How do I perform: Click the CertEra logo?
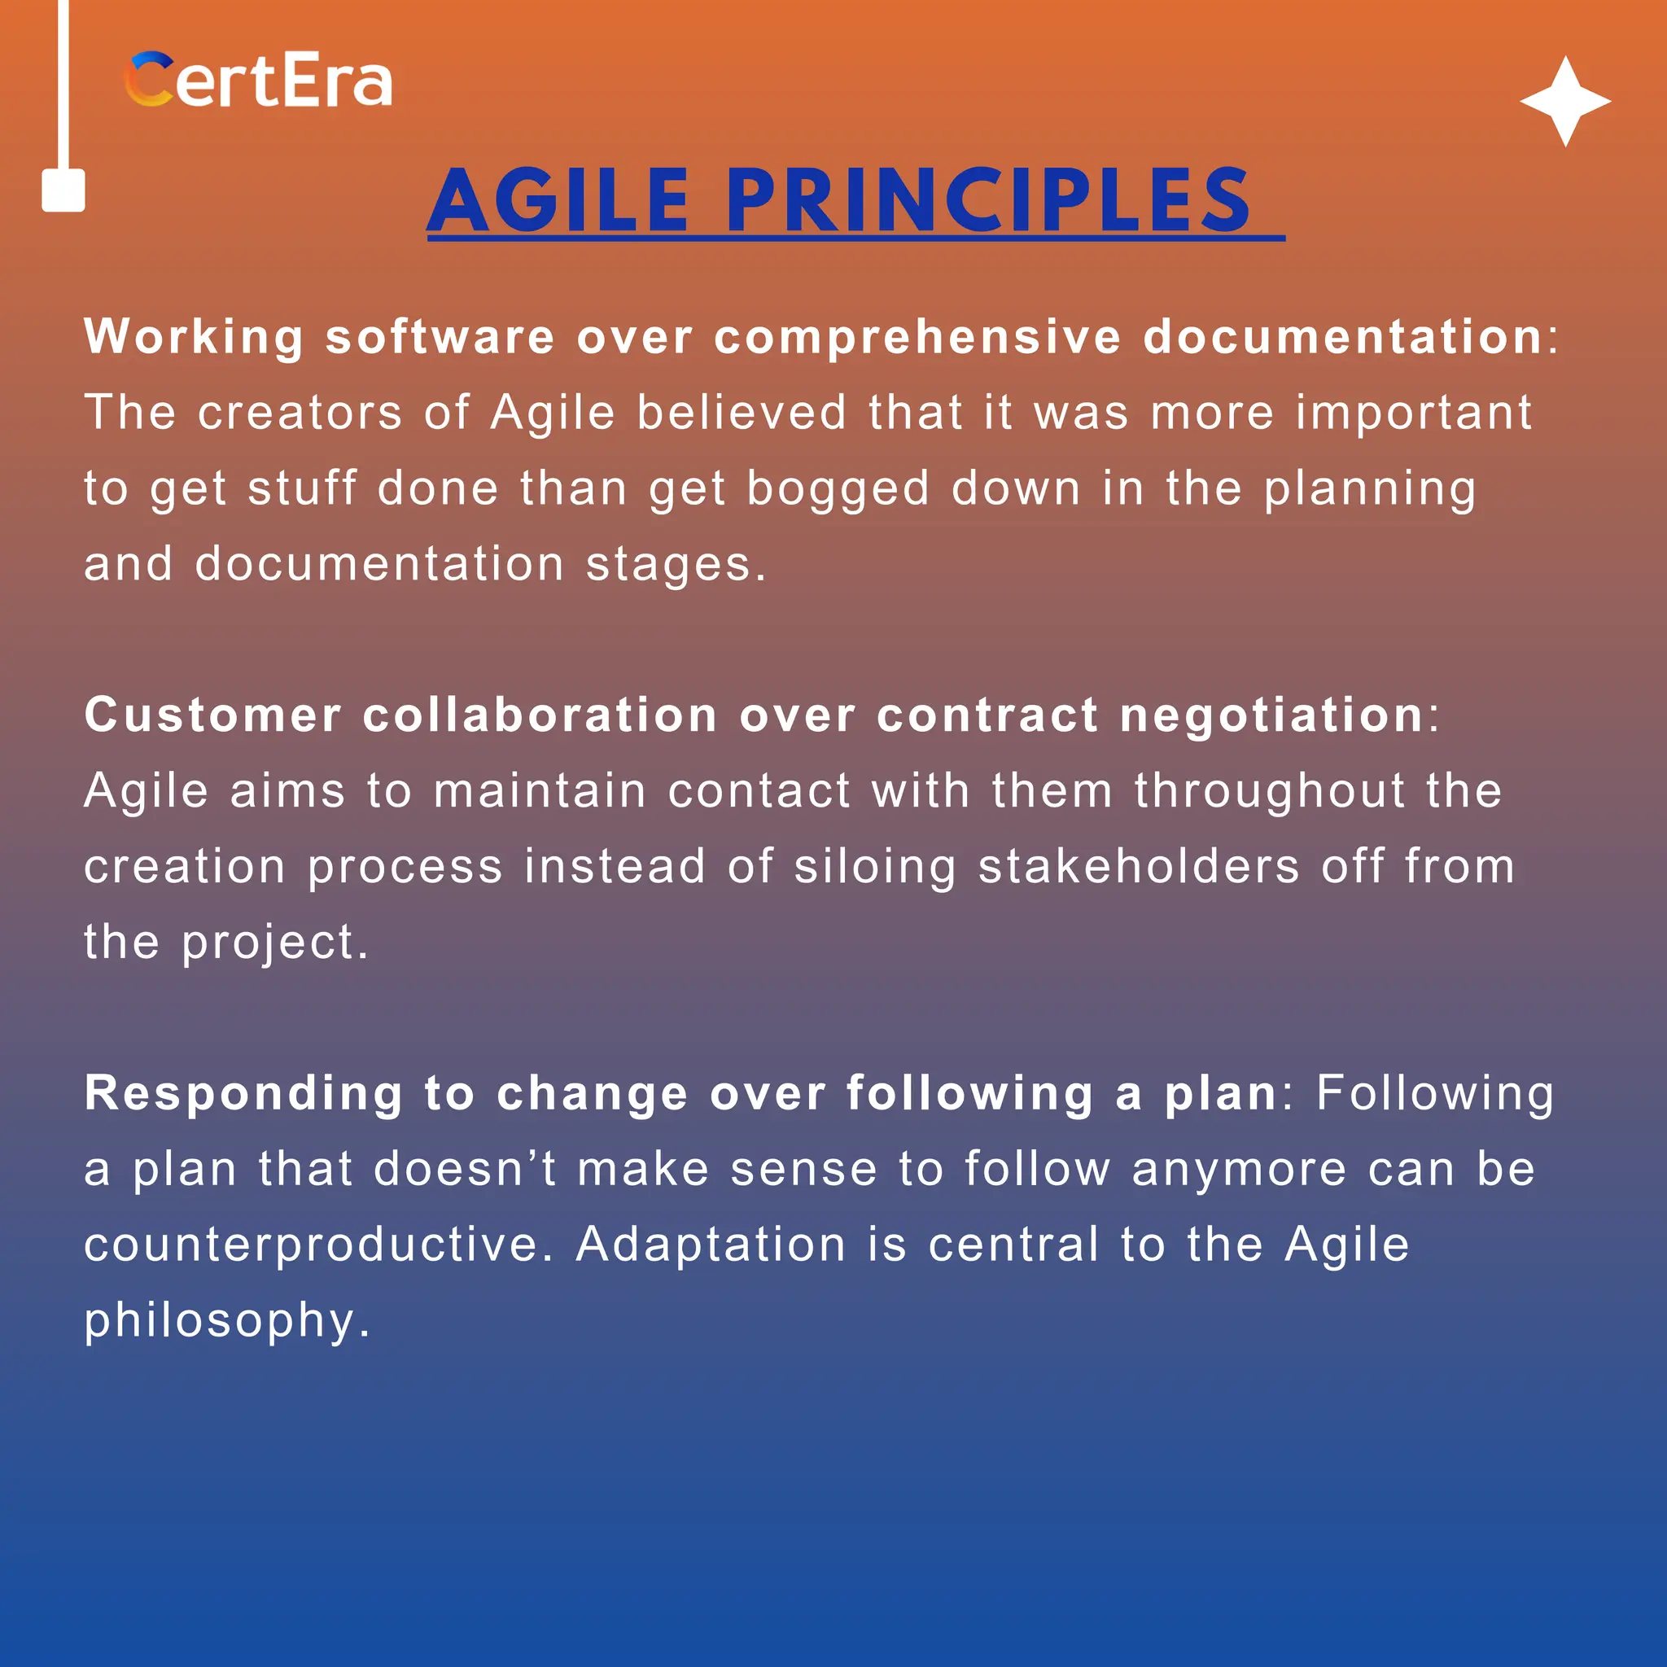259,81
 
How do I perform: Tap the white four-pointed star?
1565,102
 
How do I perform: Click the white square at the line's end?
63,190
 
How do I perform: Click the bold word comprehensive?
917,336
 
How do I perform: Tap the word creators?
300,413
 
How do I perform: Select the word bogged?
838,488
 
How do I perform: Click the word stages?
676,564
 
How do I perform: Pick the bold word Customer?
212,715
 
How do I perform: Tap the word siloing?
875,866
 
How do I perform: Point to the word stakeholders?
1139,866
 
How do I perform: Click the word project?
274,943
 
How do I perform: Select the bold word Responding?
243,1094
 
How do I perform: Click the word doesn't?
465,1169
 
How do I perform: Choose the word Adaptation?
710,1245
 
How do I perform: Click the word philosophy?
227,1321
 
